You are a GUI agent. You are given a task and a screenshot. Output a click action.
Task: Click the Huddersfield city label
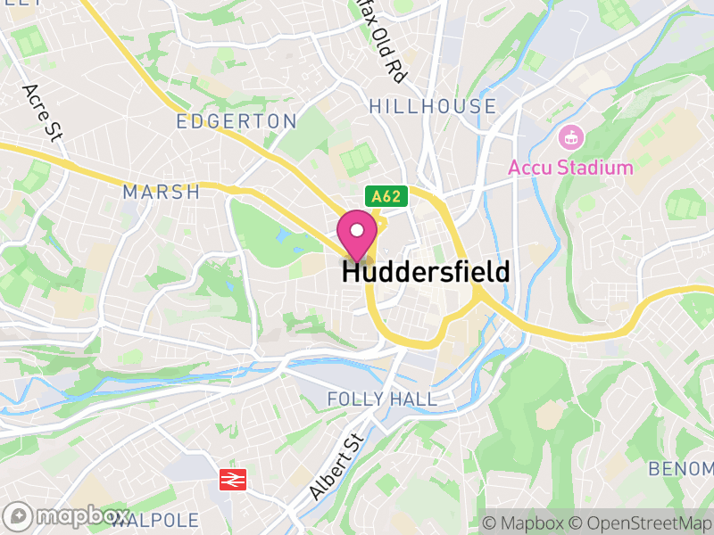click(x=426, y=272)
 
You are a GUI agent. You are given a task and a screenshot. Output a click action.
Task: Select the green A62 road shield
click(x=386, y=196)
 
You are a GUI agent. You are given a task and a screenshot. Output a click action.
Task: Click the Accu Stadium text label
click(x=570, y=167)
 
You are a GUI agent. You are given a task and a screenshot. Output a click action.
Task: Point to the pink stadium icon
click(x=569, y=138)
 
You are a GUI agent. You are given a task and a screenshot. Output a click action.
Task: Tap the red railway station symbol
click(x=232, y=481)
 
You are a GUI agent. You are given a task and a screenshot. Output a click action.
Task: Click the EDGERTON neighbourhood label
click(x=237, y=121)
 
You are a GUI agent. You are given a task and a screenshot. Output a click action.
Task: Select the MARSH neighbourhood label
click(x=162, y=192)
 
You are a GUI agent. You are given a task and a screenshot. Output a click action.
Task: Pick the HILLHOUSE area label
click(x=433, y=106)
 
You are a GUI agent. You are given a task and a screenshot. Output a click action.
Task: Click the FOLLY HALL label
click(x=382, y=399)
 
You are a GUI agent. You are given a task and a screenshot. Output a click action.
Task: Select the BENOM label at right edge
click(x=680, y=469)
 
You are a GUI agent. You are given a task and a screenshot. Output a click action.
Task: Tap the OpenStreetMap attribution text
click(x=641, y=523)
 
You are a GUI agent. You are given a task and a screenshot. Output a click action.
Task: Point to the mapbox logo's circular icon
click(x=18, y=516)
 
